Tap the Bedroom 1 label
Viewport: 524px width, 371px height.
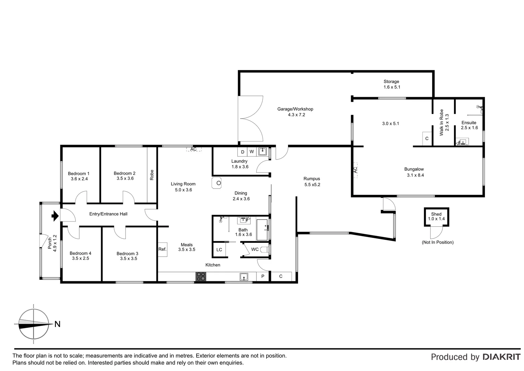79,173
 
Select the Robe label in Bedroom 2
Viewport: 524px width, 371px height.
152,175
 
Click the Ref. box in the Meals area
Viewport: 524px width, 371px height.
162,249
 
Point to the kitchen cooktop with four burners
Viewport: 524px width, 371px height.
201,277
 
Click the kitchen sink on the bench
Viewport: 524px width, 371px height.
244,277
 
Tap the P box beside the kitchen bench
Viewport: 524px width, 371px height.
263,277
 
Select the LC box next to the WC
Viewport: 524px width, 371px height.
219,250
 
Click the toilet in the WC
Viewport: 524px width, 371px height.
265,249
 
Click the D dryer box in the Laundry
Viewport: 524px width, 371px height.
242,152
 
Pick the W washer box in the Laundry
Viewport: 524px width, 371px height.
251,152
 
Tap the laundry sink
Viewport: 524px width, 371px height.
262,151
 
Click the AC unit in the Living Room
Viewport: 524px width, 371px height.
194,149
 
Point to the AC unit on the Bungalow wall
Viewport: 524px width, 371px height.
355,170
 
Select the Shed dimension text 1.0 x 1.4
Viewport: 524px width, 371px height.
436,219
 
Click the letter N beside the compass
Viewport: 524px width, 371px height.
57,324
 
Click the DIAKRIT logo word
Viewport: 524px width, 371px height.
501,357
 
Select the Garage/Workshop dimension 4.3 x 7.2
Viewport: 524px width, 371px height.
296,115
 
